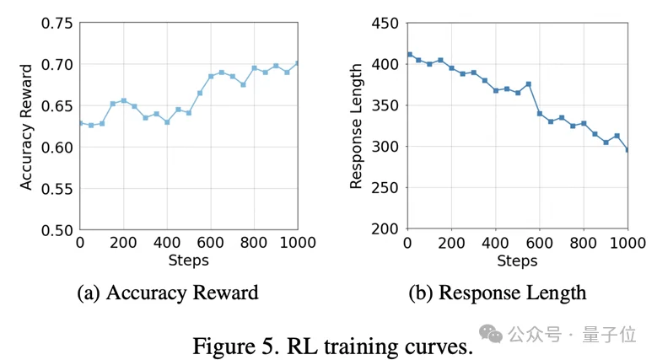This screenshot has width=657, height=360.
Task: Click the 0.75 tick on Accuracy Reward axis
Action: point(57,23)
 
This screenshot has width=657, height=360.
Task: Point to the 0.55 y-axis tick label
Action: point(57,188)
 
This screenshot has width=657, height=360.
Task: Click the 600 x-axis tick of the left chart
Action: point(211,244)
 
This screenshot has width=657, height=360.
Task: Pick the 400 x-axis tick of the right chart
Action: point(495,244)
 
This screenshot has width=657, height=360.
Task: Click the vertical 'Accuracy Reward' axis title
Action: point(26,126)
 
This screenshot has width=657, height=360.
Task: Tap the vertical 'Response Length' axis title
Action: point(358,126)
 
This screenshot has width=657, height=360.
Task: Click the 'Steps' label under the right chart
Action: point(517,261)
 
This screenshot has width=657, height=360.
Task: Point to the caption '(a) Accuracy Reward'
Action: point(167,293)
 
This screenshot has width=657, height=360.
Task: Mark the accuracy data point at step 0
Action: point(80,123)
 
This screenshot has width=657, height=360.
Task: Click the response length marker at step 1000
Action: point(627,150)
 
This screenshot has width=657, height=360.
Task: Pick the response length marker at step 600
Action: point(539,113)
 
